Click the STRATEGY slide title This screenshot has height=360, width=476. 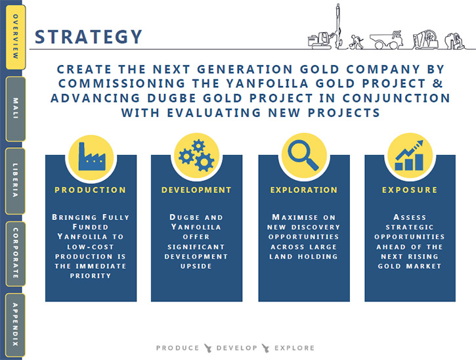coord(89,37)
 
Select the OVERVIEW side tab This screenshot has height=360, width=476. coord(16,37)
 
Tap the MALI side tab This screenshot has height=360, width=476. coord(16,109)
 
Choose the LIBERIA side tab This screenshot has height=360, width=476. coord(16,181)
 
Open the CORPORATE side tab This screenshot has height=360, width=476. coord(16,254)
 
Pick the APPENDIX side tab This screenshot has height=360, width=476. coord(16,325)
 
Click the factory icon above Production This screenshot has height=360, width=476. coord(92,157)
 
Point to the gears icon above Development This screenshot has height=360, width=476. coord(197,155)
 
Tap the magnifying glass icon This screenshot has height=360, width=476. coord(303,155)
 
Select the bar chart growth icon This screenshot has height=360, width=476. coord(409,155)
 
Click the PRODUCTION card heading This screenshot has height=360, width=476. coord(90,190)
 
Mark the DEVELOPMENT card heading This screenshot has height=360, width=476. coord(196,190)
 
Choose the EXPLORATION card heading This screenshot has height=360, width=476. coord(304,190)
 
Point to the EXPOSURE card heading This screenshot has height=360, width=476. coord(410,190)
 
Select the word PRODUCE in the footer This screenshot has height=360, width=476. coord(177,348)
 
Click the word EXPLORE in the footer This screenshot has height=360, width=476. coord(295,348)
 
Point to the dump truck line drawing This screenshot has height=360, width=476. coord(387,40)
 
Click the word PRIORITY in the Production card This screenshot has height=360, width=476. coord(91,276)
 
